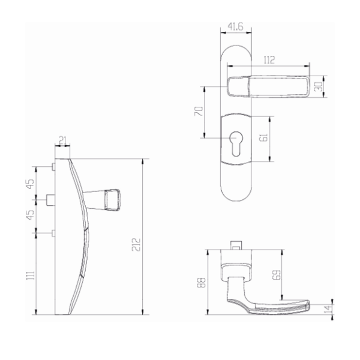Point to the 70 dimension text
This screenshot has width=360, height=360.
199,112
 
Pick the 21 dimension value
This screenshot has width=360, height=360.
62,142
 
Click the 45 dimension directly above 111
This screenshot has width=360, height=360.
31,215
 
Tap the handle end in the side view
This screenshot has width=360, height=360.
112,200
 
